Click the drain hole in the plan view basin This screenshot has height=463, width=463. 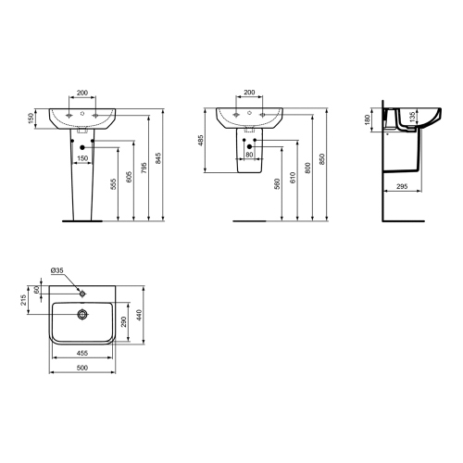(82, 313)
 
